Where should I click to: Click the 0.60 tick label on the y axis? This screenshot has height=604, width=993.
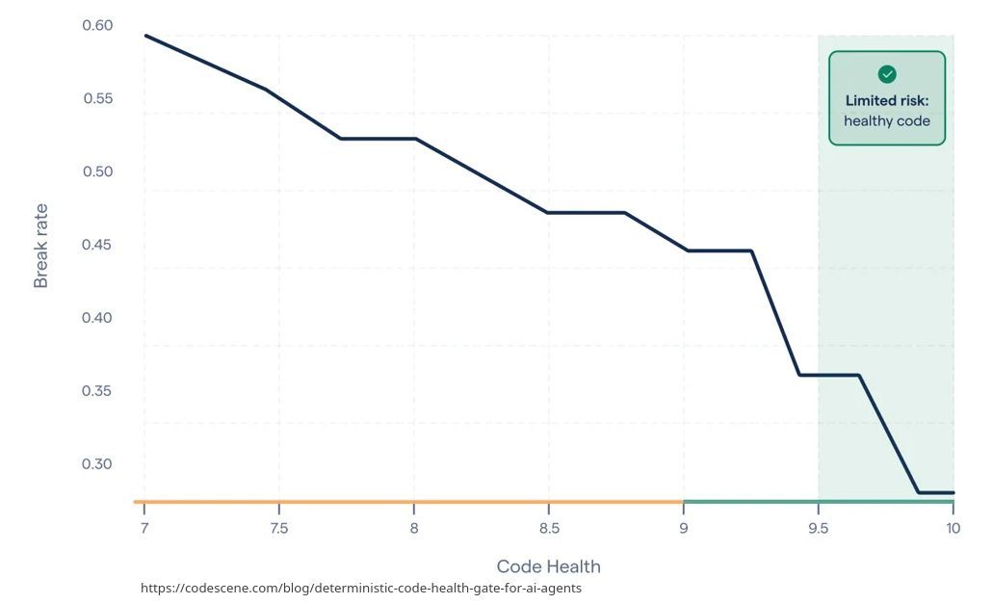97,25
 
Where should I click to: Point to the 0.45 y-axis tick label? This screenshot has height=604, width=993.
97,245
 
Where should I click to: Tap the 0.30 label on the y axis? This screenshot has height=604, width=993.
97,464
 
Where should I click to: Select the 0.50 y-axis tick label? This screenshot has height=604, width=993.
97,171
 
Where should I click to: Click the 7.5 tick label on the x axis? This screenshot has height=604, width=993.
278,528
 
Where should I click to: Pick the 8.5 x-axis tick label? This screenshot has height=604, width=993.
549,528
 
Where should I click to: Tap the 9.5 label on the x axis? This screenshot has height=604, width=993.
819,528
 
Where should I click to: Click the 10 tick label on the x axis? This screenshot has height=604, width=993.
954,528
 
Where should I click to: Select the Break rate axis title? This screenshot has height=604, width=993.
41,246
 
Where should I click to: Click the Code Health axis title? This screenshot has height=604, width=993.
548,566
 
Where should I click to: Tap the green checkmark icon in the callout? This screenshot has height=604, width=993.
887,74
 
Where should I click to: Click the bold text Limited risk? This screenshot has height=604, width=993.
887,100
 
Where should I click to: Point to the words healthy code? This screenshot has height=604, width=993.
887,121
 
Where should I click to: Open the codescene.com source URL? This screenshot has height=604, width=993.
361,589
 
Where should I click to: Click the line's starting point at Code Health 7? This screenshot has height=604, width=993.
145,36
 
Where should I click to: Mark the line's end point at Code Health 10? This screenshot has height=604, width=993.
954,492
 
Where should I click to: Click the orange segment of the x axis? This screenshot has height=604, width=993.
408,502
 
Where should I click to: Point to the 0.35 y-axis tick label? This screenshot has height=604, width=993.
97,391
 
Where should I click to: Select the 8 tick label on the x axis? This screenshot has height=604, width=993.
413,528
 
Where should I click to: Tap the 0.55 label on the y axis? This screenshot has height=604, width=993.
98,98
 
